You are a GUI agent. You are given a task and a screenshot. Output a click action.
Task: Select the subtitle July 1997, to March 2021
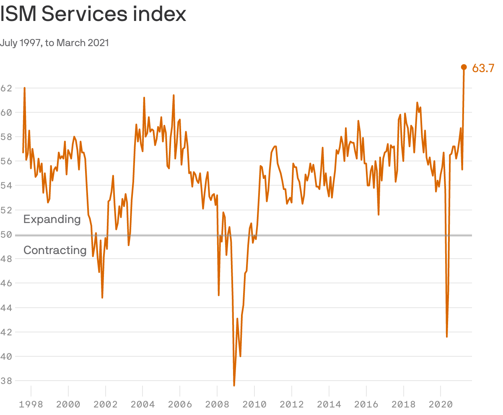(54, 43)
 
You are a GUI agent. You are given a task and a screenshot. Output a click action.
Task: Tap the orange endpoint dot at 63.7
(464, 67)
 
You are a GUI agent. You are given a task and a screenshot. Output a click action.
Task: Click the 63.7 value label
(483, 68)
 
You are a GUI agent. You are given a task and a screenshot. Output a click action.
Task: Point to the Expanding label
(52, 219)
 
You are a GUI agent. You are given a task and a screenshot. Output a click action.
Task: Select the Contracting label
(55, 250)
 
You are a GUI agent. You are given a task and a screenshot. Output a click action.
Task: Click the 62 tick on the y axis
(6, 88)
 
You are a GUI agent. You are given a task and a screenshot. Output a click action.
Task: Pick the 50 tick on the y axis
(6, 234)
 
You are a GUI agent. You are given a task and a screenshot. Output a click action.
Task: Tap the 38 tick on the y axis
(6, 381)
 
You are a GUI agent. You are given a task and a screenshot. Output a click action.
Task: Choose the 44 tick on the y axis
(6, 308)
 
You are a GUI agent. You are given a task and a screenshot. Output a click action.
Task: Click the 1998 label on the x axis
(31, 405)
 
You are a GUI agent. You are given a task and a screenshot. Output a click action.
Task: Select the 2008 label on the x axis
(217, 405)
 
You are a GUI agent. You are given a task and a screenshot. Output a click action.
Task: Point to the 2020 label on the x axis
(441, 405)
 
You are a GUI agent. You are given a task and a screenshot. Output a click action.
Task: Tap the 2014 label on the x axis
(329, 405)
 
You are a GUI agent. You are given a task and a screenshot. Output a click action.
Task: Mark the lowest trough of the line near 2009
(234, 385)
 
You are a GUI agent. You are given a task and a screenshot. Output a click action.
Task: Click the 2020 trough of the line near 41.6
(447, 336)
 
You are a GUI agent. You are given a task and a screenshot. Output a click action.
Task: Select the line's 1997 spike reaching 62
(25, 88)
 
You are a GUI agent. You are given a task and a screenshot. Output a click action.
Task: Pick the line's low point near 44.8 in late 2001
(102, 298)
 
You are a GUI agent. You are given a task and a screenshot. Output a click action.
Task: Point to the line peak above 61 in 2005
(174, 96)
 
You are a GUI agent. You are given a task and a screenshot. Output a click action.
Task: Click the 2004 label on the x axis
(143, 405)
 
